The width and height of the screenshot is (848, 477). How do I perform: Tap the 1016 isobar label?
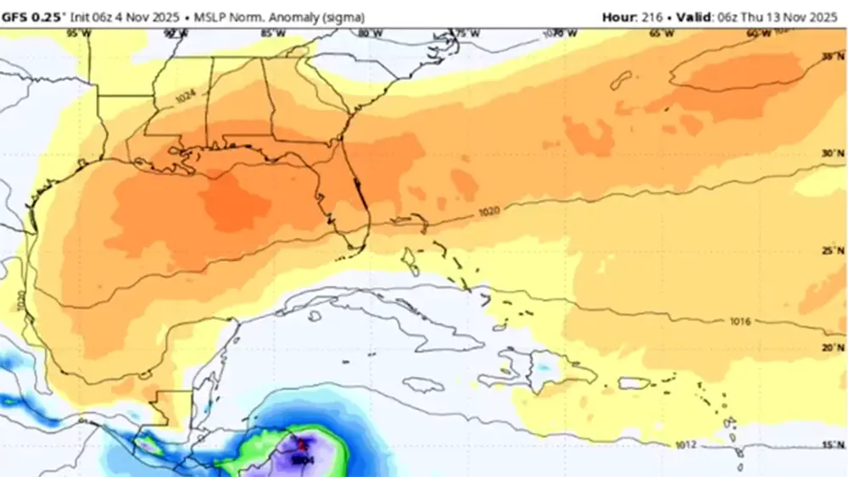(740, 322)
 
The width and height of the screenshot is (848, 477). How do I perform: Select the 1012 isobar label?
(687, 444)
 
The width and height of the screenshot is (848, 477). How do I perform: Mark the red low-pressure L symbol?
(300, 444)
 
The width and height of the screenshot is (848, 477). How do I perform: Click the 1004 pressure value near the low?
(303, 459)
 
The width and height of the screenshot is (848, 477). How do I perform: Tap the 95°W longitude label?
(78, 33)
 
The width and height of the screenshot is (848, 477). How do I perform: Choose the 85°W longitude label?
(272, 33)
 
